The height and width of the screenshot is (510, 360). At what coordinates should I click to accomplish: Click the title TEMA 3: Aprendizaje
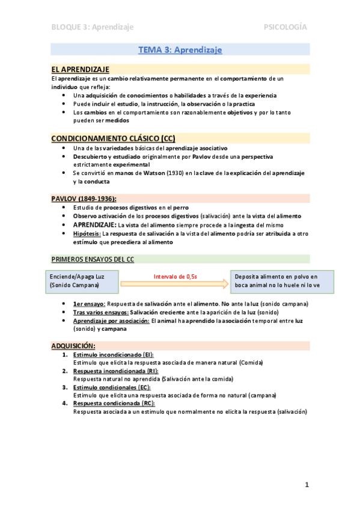pyautogui.click(x=180, y=50)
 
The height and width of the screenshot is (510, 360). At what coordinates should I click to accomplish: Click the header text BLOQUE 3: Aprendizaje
pyautogui.click(x=92, y=27)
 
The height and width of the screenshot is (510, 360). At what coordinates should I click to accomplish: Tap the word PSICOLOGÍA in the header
pyautogui.click(x=285, y=27)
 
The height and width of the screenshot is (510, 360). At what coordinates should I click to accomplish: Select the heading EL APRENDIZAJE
pyautogui.click(x=80, y=69)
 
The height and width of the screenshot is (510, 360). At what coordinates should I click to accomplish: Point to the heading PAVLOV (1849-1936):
pyautogui.click(x=84, y=198)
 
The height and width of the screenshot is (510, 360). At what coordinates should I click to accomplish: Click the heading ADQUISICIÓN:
pyautogui.click(x=73, y=346)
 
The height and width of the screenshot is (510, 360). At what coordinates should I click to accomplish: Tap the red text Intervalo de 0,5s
pyautogui.click(x=175, y=276)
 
